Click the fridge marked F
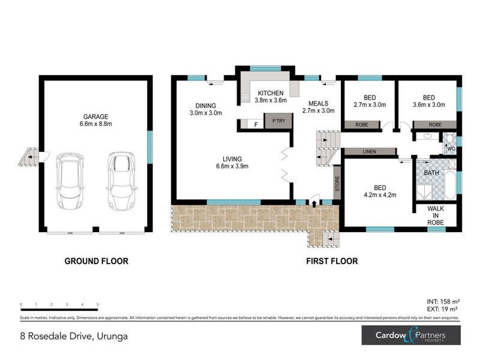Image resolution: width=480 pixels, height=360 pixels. point(256,124)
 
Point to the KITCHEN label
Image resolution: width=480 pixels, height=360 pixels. point(270,94)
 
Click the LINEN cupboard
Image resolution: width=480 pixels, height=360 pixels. point(369,152)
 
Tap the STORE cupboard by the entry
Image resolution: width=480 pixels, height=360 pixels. point(337,184)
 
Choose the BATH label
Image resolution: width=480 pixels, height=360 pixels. point(431,173)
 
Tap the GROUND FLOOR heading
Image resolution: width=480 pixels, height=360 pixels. point(97,261)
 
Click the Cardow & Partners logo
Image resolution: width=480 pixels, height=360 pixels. point(410,335)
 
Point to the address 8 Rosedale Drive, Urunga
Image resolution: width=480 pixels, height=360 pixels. point(74,336)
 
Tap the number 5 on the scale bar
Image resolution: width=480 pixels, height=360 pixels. point(97,305)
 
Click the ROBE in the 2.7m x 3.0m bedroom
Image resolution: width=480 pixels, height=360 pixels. point(361,125)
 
